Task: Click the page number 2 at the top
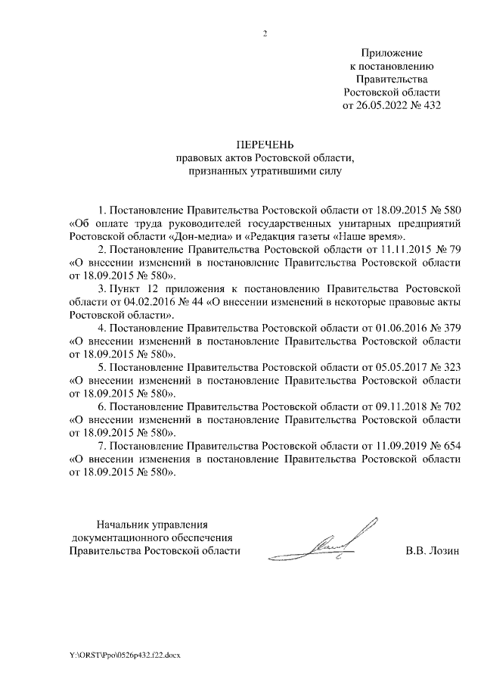pos(265,33)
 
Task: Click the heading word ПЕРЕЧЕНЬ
pos(265,145)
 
